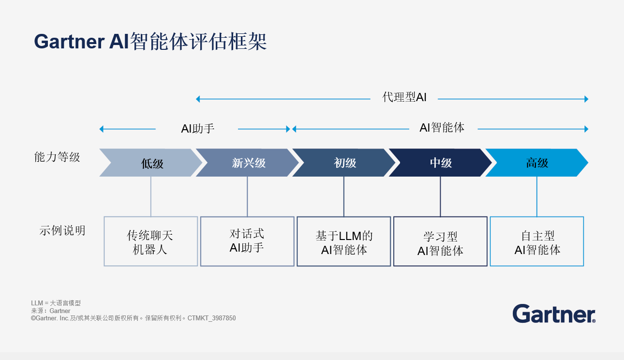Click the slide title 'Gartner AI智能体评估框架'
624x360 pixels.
[150, 42]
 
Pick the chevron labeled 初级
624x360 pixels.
[345, 163]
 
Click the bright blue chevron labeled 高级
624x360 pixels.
[537, 163]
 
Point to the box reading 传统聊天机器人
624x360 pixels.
[150, 241]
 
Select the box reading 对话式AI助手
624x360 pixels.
[247, 241]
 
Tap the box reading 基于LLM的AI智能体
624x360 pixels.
[344, 241]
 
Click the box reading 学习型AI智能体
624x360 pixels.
[440, 241]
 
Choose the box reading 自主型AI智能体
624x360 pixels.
[537, 241]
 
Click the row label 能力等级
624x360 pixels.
[57, 157]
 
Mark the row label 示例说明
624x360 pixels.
[62, 231]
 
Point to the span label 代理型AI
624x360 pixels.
[404, 97]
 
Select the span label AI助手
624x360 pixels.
[197, 129]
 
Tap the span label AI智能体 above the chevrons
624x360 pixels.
[442, 128]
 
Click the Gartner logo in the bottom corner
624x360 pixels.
[554, 314]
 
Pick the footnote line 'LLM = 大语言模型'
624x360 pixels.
[56, 303]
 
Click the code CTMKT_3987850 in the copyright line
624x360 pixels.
[211, 318]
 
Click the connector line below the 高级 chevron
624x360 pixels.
[537, 196]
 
